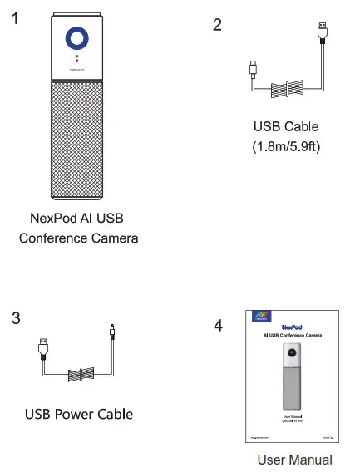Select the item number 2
point(217,24)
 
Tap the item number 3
point(16,318)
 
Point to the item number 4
point(218,326)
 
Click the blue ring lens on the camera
point(76,39)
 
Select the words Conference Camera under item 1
point(80,238)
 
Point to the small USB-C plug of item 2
point(252,68)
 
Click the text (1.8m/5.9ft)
point(285,147)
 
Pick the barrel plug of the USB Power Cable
point(112,332)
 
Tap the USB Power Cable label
point(79,413)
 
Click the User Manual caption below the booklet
point(293,460)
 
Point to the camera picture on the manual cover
point(292,379)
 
